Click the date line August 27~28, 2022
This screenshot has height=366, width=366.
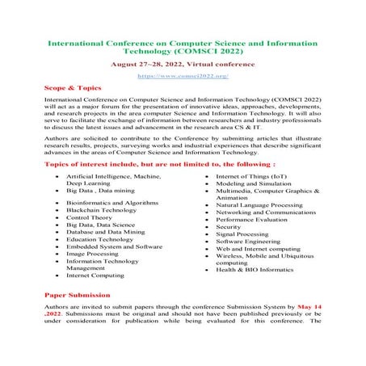[183, 62]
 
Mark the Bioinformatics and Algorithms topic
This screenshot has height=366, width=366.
[111, 200]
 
